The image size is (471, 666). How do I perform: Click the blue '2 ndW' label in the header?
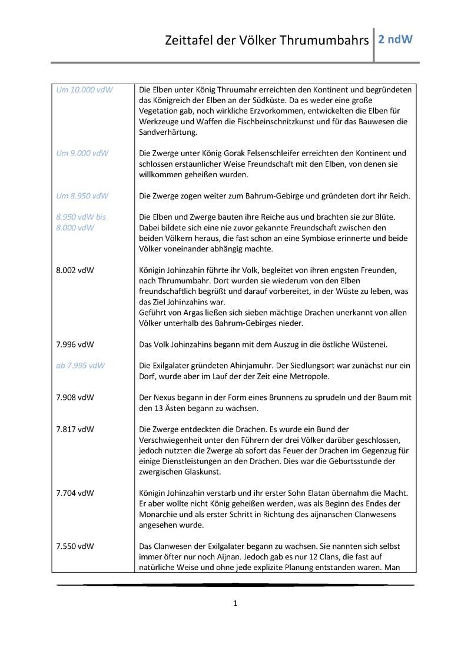[396, 40]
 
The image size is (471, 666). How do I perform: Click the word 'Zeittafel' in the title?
[191, 41]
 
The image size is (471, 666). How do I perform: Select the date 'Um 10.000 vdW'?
[84, 90]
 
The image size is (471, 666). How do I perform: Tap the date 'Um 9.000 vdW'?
[82, 153]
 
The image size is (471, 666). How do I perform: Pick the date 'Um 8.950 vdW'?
[82, 196]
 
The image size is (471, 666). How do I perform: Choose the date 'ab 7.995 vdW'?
[81, 366]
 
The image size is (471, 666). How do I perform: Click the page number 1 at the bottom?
[235, 603]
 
